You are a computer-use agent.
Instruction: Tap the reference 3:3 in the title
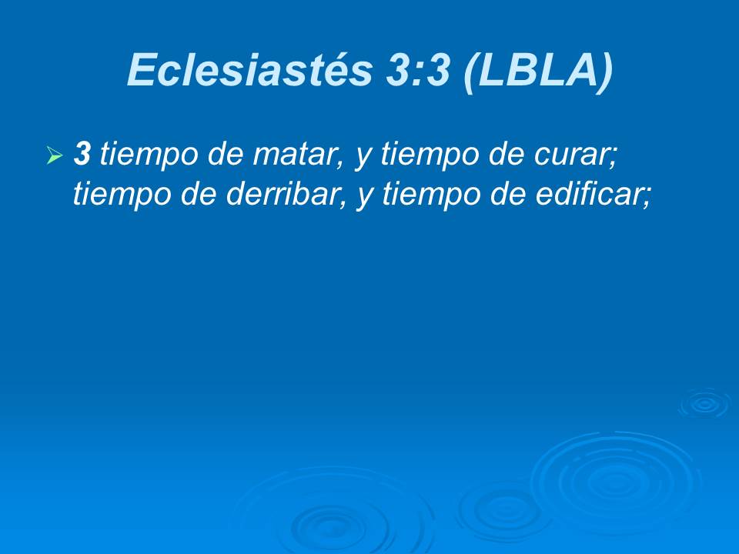click(411, 71)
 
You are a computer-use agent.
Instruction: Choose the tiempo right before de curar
click(428, 156)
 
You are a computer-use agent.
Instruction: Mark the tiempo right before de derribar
click(120, 195)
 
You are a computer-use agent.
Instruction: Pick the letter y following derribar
click(363, 197)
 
